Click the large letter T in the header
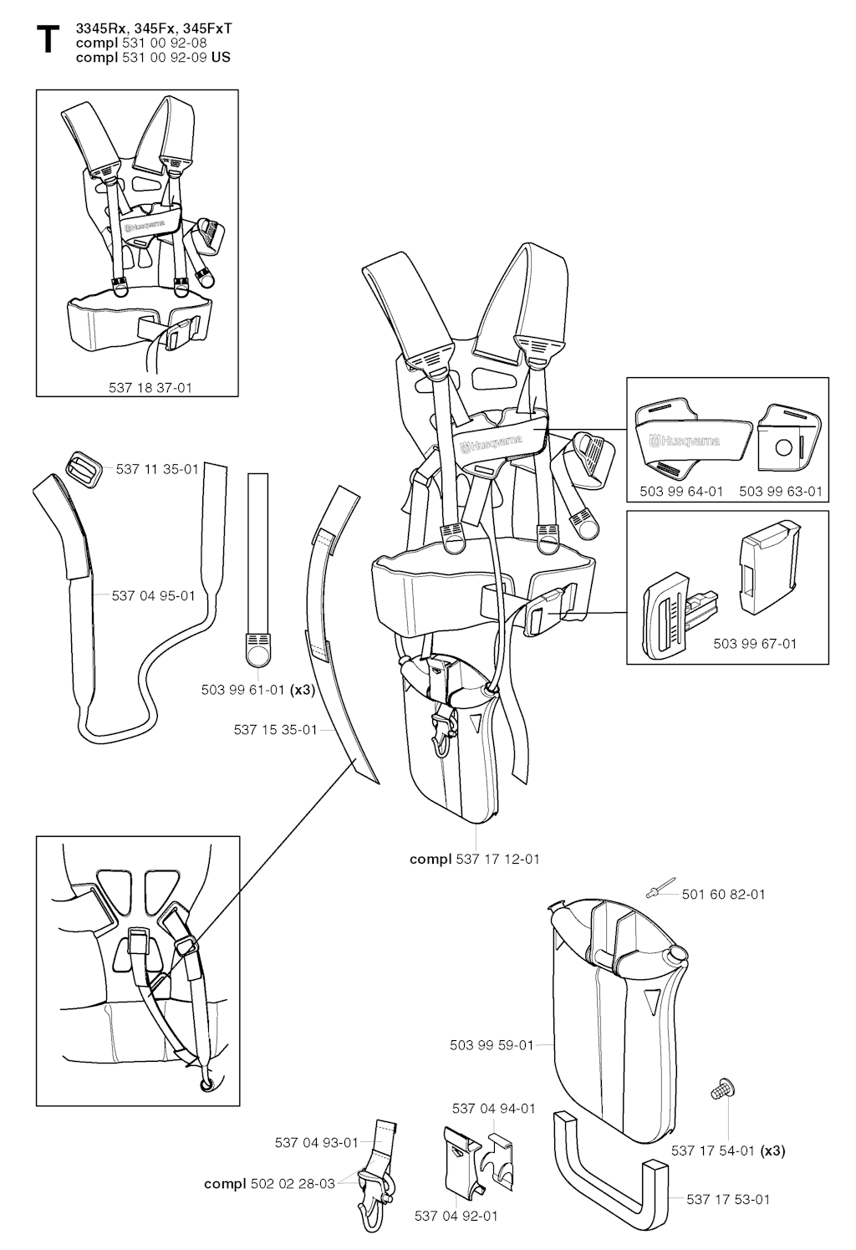point(48,40)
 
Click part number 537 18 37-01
point(150,387)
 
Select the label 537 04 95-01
point(154,595)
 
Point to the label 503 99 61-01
point(242,690)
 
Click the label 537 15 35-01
point(276,729)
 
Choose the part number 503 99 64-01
point(681,491)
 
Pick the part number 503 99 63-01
point(781,491)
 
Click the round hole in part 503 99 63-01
point(784,446)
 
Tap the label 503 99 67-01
point(755,644)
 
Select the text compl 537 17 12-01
point(475,859)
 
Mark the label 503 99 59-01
point(492,1044)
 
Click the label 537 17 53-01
point(728,1199)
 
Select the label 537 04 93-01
point(316,1142)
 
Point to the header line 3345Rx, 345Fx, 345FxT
point(154,29)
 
